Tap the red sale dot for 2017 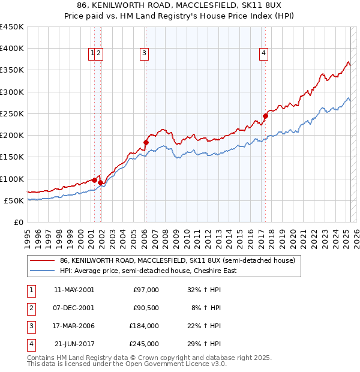click(x=265, y=116)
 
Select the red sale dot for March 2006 click(x=146, y=142)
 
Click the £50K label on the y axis click(x=14, y=200)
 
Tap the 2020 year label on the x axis click(x=293, y=238)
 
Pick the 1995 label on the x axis click(x=28, y=238)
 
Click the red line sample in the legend click(x=42, y=261)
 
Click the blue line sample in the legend click(x=42, y=271)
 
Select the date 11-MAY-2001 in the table click(x=74, y=290)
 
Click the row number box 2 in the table click(x=30, y=308)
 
